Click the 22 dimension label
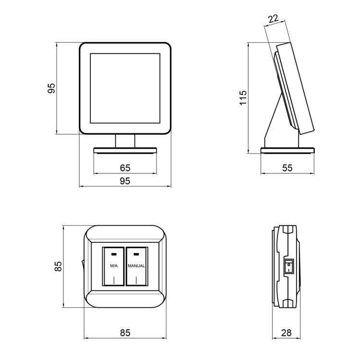(x=273, y=19)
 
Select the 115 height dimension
(x=243, y=98)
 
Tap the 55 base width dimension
(x=287, y=168)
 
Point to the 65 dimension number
(x=125, y=168)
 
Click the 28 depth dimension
(x=286, y=333)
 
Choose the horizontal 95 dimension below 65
(x=125, y=181)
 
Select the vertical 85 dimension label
(x=58, y=266)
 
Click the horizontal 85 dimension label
(x=125, y=333)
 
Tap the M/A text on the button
(x=114, y=266)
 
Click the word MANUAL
(x=136, y=266)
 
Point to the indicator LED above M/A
(x=114, y=254)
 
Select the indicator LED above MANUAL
(x=136, y=254)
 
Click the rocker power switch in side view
(x=288, y=266)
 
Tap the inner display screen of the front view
(x=125, y=88)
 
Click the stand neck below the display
(x=125, y=141)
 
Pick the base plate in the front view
(x=125, y=151)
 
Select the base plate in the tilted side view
(x=288, y=151)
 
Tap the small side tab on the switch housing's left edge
(x=83, y=266)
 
